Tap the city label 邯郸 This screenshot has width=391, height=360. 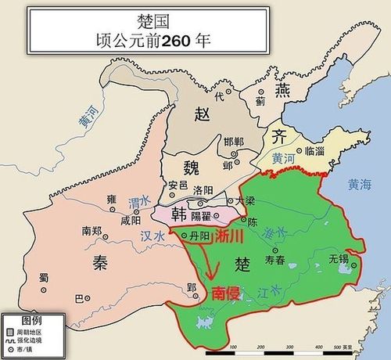click(234, 141)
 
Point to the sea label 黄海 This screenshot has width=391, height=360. click(361, 185)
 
